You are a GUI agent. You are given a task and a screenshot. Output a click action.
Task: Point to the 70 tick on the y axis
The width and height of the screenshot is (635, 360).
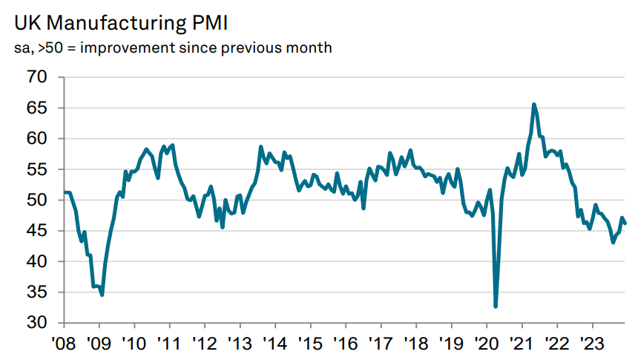[x=37, y=77]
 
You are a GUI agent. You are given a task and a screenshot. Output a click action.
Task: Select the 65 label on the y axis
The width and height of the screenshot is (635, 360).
[x=37, y=108]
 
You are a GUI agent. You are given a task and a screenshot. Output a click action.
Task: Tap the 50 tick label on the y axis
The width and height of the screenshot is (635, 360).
[x=37, y=200]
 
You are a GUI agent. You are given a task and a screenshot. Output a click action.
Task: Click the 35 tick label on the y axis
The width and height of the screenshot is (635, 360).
[x=37, y=292]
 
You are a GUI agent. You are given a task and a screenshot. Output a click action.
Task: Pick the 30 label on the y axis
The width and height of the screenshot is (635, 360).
[x=37, y=323]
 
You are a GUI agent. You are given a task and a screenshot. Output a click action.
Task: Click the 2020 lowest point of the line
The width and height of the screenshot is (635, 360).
[x=496, y=306]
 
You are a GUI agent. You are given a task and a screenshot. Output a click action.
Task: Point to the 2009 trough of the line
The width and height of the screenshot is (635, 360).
[x=102, y=295]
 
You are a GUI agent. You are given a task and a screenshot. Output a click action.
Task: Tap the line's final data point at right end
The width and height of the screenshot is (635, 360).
[x=625, y=223]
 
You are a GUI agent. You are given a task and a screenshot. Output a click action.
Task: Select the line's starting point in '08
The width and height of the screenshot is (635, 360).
[x=65, y=192]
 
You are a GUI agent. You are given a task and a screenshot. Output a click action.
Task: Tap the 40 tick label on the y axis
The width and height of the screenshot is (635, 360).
[x=37, y=262]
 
